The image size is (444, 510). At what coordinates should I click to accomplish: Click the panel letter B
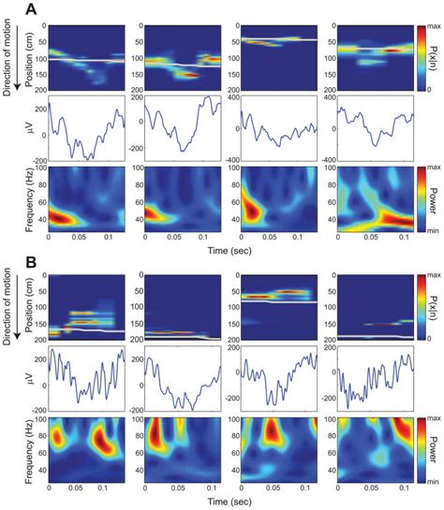(x=10, y=261)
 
